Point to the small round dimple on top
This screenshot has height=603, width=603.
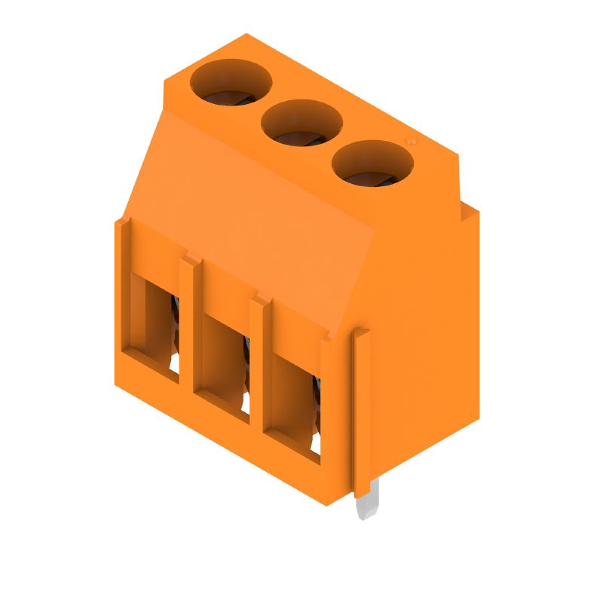point(412,141)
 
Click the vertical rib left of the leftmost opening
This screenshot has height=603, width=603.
point(124,301)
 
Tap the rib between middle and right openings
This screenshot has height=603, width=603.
point(257,369)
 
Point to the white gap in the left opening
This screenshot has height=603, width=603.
point(174,366)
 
